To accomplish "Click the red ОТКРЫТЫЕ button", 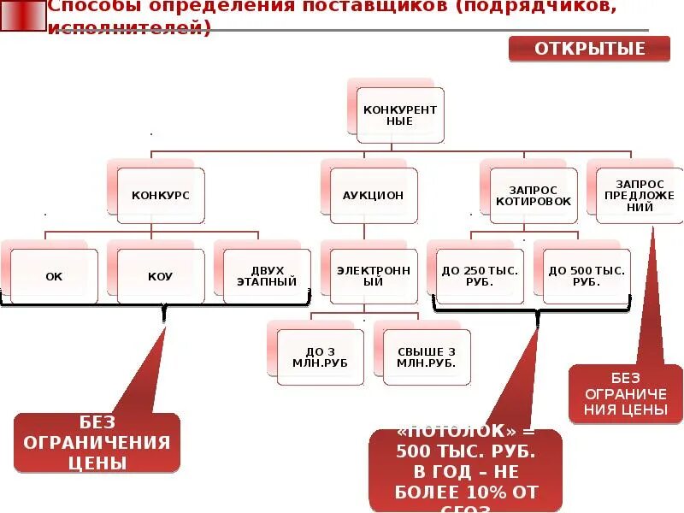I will coord(590,49).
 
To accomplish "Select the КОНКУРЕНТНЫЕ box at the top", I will coord(400,115).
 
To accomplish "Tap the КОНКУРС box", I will coord(161,196).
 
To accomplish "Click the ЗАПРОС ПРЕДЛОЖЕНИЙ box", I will coord(640,195).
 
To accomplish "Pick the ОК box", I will coord(54,276).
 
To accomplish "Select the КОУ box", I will coord(161,276).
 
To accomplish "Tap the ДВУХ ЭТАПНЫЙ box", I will coord(267,275).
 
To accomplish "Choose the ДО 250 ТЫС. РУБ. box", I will coord(480,275).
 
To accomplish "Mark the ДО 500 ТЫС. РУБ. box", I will coord(587,275).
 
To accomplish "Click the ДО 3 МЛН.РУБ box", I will coord(321,357).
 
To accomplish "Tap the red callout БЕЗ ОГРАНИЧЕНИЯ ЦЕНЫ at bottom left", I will coord(97,442).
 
